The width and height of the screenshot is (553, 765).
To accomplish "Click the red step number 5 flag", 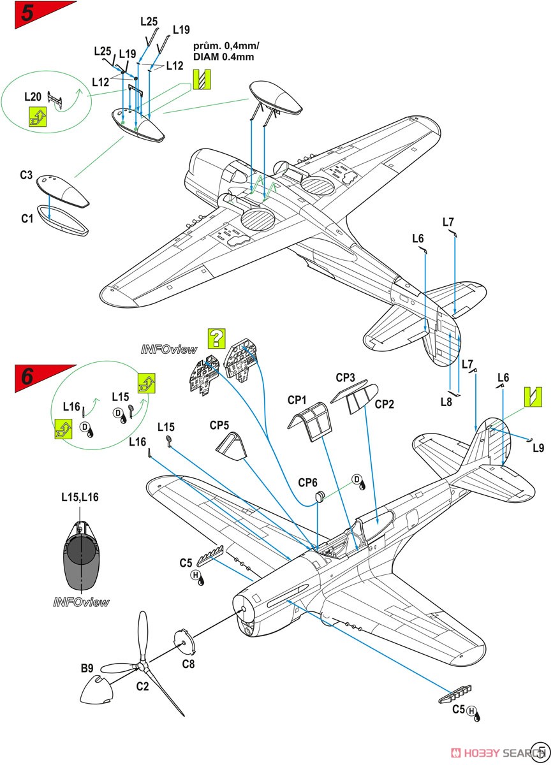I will coord(29,15).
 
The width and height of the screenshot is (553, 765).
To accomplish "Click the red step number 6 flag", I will coord(29,376).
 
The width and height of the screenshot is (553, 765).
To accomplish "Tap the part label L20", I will coord(33,97).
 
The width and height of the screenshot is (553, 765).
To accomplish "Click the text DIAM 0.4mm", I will coord(224,57).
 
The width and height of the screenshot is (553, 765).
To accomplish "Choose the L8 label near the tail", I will coord(446,402).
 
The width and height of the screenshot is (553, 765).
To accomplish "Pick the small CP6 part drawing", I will coord(320,496).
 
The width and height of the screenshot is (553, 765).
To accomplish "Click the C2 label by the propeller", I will coord(143,687).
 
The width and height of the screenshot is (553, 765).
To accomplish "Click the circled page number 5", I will coord(542,751).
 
